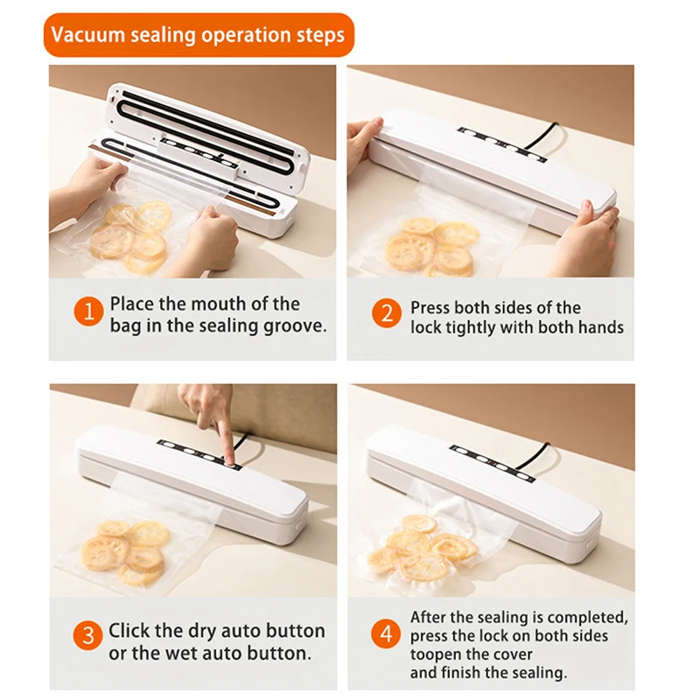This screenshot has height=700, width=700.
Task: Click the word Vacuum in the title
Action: (85, 37)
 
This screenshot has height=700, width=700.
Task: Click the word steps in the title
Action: (321, 37)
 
